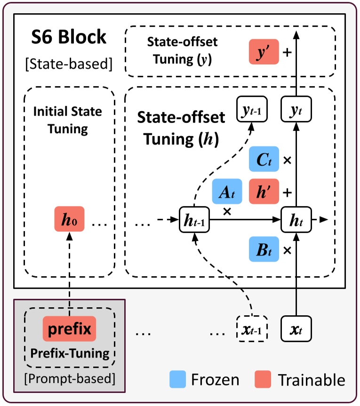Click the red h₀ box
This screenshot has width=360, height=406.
coord(69,219)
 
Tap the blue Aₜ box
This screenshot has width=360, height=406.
coord(227,192)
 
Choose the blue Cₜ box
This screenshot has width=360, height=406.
coord(264,159)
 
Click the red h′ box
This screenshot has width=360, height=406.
coord(264,191)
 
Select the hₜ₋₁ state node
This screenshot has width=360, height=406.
coord(194,219)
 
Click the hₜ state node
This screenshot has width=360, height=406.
coord(296,219)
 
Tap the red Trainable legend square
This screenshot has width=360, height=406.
coord(263,380)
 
